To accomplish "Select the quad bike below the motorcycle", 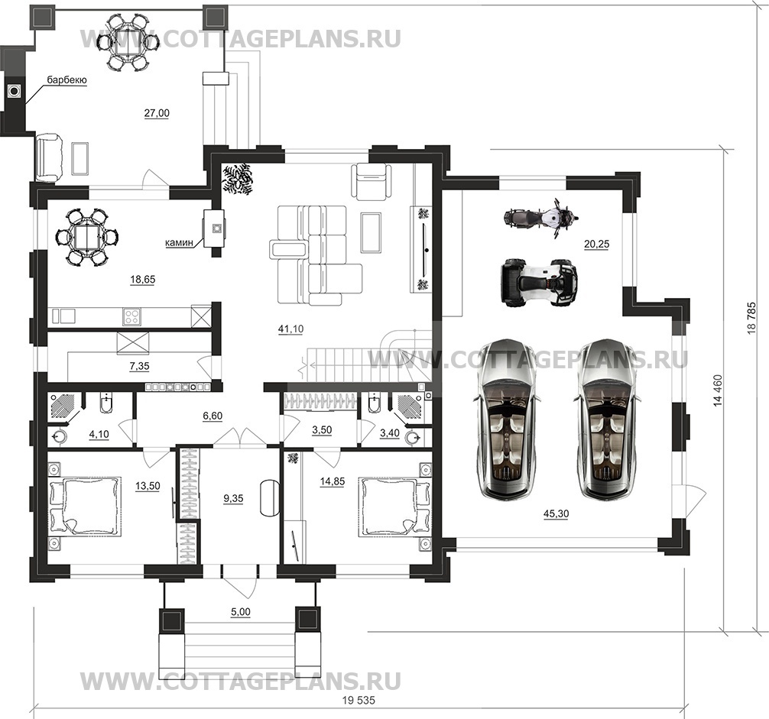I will [x=537, y=283].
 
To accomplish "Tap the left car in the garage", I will [x=505, y=418].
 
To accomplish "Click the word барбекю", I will [x=67, y=79].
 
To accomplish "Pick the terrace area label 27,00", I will [x=157, y=113].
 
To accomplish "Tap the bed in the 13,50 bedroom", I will [x=85, y=505].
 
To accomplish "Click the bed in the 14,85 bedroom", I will [x=390, y=507].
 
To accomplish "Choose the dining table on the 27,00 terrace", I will [x=128, y=42].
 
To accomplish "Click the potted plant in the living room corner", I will [x=238, y=180].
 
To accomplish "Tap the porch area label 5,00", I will [x=239, y=612].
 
